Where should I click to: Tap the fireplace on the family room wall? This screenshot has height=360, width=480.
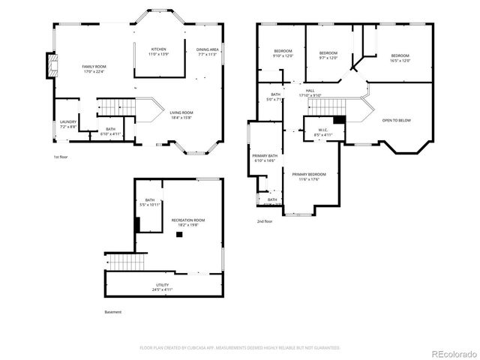pyautogui.click(x=51, y=65)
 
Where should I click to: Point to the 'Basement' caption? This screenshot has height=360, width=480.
pyautogui.click(x=112, y=312)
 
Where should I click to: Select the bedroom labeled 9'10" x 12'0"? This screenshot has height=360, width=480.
pyautogui.click(x=282, y=53)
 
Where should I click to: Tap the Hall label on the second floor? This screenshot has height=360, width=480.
pyautogui.click(x=310, y=93)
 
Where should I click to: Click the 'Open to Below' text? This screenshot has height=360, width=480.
pyautogui.click(x=396, y=120)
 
